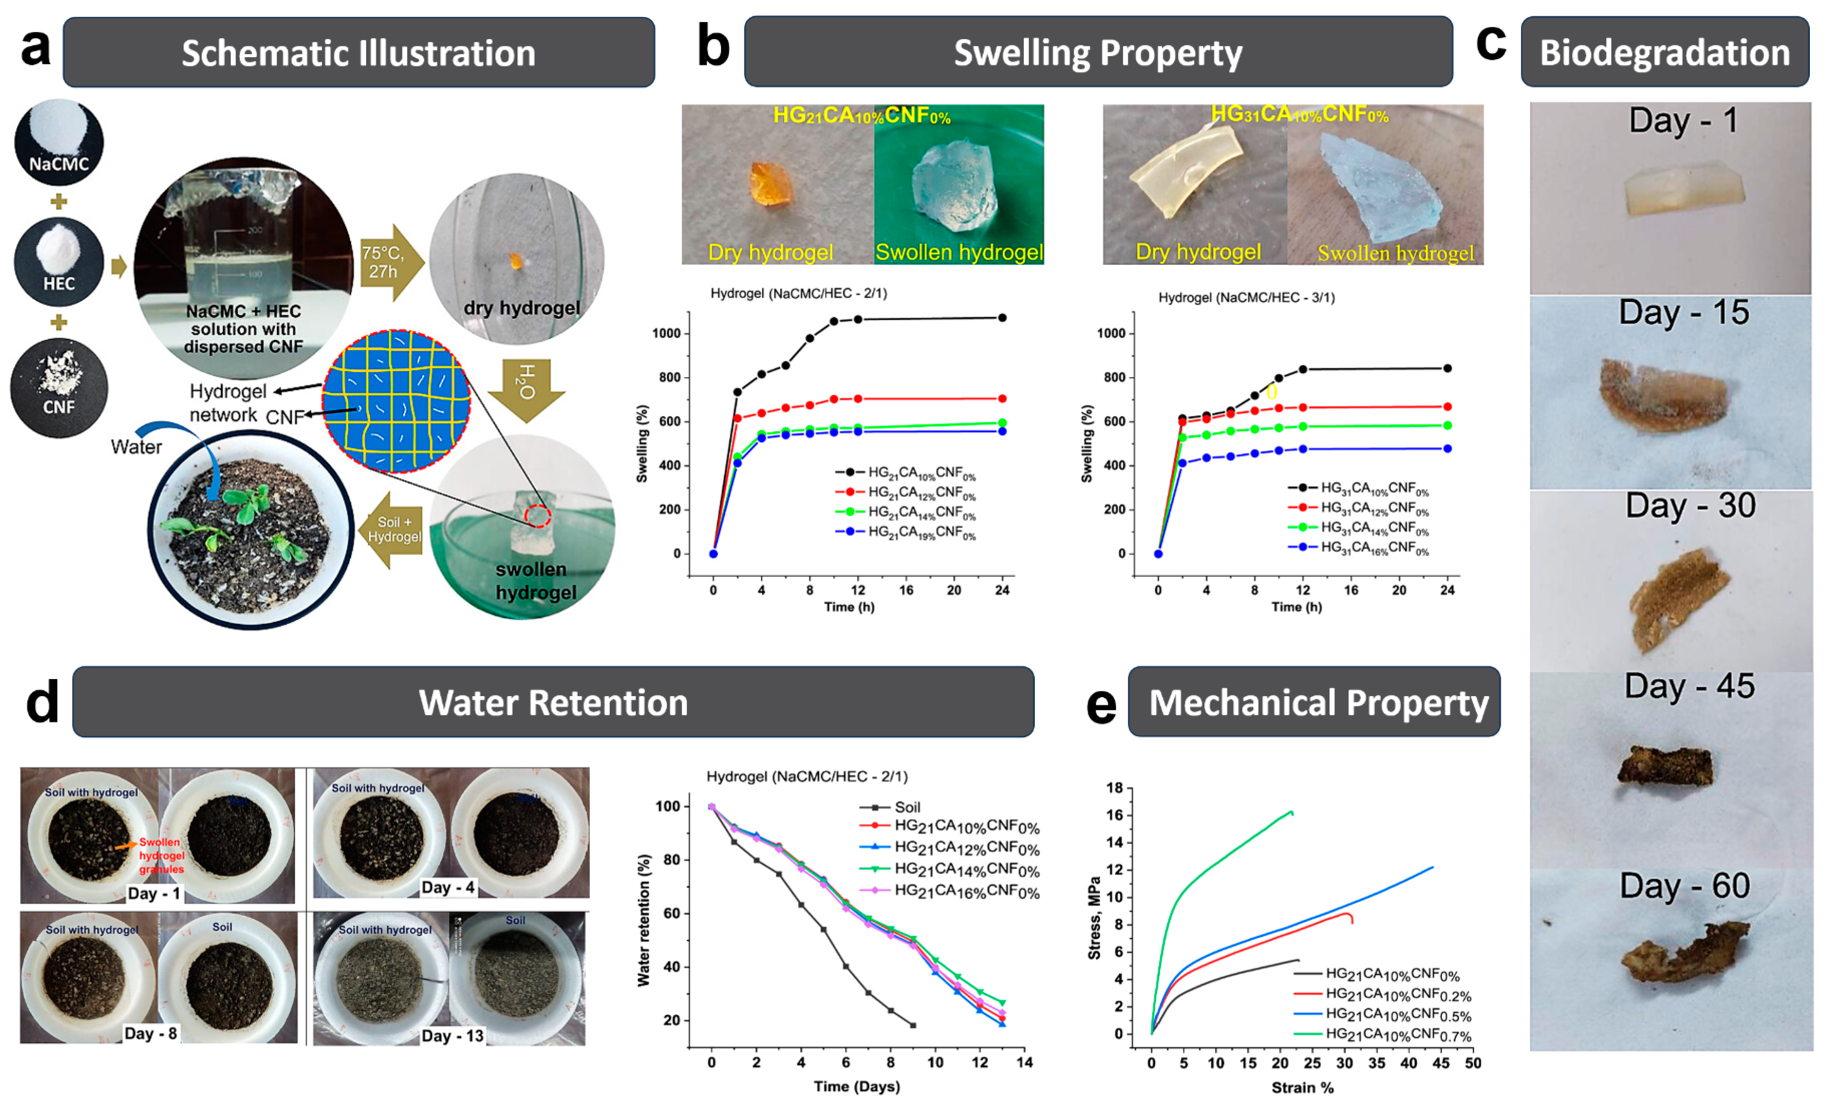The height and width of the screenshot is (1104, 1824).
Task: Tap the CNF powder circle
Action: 59,387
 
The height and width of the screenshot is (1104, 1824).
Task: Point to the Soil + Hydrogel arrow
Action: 393,530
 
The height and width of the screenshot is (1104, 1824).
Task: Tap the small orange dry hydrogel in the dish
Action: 516,261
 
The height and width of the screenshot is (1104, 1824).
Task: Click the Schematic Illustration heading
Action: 358,53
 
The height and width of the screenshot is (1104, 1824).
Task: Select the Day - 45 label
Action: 1689,686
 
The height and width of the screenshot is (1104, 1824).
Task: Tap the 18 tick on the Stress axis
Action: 1114,788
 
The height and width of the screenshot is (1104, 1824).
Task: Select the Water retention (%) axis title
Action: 643,920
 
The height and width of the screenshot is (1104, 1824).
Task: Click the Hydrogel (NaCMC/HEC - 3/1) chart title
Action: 1246,297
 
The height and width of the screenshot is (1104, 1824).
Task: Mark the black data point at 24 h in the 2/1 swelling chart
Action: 1002,318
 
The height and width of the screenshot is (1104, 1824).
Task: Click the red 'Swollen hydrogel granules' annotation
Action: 161,855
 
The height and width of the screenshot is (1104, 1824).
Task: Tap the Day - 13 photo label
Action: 452,1035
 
